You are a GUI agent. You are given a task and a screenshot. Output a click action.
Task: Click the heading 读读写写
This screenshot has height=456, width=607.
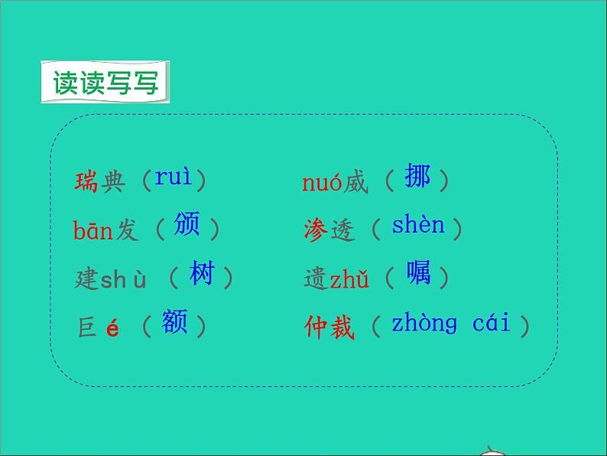[x=105, y=83]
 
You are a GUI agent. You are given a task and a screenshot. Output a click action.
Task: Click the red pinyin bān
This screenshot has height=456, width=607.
[x=93, y=230]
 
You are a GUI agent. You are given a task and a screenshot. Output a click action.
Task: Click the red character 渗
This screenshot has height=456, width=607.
[x=316, y=230]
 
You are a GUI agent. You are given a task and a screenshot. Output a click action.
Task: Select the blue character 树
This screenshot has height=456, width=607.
[x=202, y=273]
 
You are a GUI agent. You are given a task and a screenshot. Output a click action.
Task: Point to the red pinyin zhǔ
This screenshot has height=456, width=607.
[x=349, y=279]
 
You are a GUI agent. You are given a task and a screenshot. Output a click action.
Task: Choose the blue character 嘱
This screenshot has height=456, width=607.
[x=418, y=273]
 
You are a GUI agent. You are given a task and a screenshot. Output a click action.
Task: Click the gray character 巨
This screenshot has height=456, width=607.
[x=86, y=327]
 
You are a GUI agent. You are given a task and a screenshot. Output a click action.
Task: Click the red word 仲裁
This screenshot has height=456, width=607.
[x=329, y=327]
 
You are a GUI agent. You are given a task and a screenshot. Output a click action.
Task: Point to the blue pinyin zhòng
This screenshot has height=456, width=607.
[x=424, y=324]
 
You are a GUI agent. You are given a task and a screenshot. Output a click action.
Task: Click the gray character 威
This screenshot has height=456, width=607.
[x=355, y=183]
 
